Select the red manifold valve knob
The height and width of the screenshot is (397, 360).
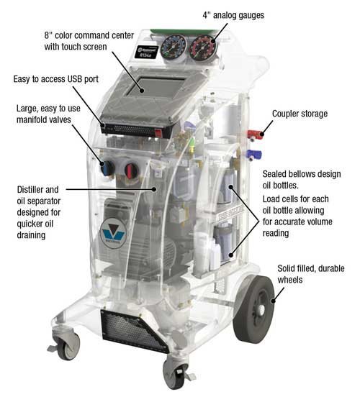coord(130,171)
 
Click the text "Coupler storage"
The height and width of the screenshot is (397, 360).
coord(300,114)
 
